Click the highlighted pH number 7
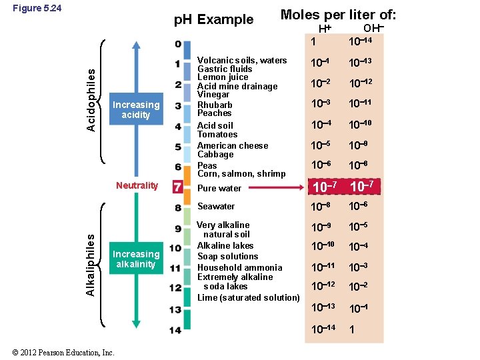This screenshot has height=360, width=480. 177,187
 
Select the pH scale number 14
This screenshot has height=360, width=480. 175,330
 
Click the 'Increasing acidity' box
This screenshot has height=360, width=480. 136,110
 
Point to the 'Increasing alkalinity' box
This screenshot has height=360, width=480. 136,259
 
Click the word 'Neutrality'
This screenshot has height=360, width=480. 137,185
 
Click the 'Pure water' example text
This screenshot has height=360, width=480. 219,189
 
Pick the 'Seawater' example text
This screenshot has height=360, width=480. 216,207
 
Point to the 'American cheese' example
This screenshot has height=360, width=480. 233,145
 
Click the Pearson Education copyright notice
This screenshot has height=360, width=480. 63,353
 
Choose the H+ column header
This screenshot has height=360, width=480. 325,29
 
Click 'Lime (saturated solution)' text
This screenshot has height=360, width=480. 248,297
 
